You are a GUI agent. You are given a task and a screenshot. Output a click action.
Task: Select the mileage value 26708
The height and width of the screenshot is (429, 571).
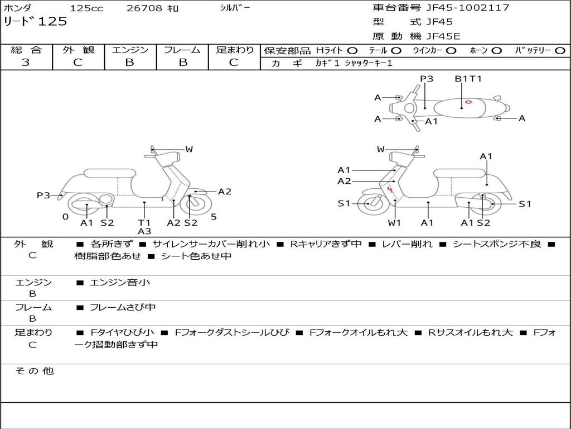tap(144, 8)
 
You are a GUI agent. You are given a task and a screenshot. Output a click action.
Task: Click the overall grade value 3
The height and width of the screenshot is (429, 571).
tap(26, 63)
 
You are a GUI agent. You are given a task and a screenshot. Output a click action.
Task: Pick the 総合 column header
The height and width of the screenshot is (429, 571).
tap(26, 50)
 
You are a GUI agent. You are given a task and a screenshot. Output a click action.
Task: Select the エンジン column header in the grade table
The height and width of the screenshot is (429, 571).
tap(130, 50)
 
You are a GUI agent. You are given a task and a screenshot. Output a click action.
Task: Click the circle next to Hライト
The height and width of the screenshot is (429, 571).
tap(352, 50)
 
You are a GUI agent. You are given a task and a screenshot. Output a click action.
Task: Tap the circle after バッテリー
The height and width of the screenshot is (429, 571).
tap(560, 50)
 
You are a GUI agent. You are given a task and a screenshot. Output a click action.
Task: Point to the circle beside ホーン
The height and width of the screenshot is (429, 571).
tap(496, 50)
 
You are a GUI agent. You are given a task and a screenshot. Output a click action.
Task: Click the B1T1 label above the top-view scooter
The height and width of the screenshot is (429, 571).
tap(468, 79)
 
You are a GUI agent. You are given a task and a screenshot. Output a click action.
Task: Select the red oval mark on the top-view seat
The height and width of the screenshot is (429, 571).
tap(468, 101)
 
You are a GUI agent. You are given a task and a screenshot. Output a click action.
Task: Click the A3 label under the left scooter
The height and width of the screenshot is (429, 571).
tap(144, 231)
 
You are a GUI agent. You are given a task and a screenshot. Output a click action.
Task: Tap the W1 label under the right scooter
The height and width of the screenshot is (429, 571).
tap(395, 223)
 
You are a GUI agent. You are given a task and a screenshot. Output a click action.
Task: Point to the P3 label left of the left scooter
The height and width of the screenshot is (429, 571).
tap(43, 196)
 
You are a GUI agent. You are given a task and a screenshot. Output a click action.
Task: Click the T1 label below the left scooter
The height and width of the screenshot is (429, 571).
tap(144, 222)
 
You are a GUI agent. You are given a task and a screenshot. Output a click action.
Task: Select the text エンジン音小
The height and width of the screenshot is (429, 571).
tap(120, 283)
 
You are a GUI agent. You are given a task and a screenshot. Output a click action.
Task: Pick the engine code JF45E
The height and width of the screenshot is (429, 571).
tap(443, 36)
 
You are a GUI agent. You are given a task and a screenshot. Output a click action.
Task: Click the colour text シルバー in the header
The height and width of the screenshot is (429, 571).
tap(235, 8)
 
